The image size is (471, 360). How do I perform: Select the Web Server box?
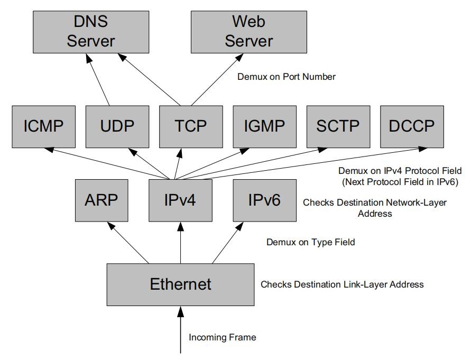[x=248, y=31]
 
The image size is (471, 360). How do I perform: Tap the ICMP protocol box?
[x=43, y=126]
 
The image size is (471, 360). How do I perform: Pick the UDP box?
[x=117, y=126]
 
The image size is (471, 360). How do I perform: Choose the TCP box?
[x=190, y=126]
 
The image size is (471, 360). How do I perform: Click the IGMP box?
[x=264, y=126]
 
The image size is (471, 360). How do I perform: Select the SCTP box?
[x=338, y=126]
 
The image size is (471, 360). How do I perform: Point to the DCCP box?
[x=412, y=126]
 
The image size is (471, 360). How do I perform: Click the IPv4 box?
[x=181, y=200]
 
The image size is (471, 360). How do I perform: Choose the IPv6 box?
[x=264, y=200]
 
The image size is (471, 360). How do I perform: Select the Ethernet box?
[x=181, y=284]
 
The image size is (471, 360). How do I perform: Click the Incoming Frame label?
[x=222, y=337]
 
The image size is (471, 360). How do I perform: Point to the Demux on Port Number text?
[x=286, y=77]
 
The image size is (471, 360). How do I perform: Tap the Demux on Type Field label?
[x=310, y=242]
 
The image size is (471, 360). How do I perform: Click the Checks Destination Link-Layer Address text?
[x=342, y=284]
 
